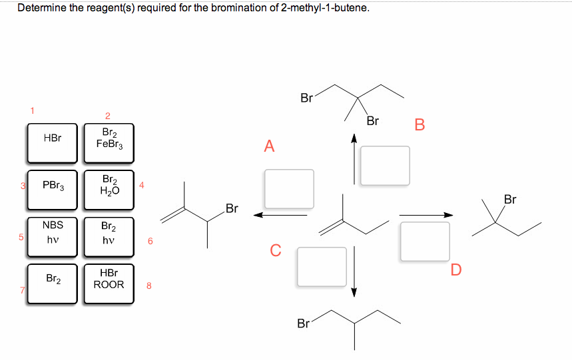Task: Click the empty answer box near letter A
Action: coord(289,188)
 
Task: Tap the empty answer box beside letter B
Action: coord(386,164)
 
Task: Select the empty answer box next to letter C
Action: coord(322,266)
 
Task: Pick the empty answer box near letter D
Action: coord(425,241)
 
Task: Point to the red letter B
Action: coord(419,125)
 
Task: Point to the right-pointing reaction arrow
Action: coord(426,214)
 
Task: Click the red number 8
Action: coord(149,287)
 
